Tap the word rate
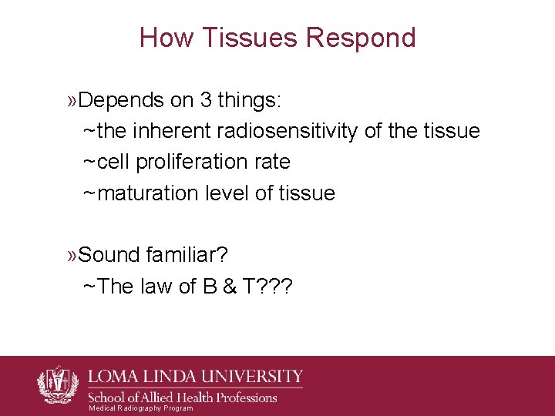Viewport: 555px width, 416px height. (x=274, y=162)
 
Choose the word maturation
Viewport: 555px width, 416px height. (x=150, y=193)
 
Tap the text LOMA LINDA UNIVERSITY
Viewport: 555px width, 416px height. (x=196, y=377)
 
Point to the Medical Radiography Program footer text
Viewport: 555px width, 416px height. (x=141, y=408)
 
